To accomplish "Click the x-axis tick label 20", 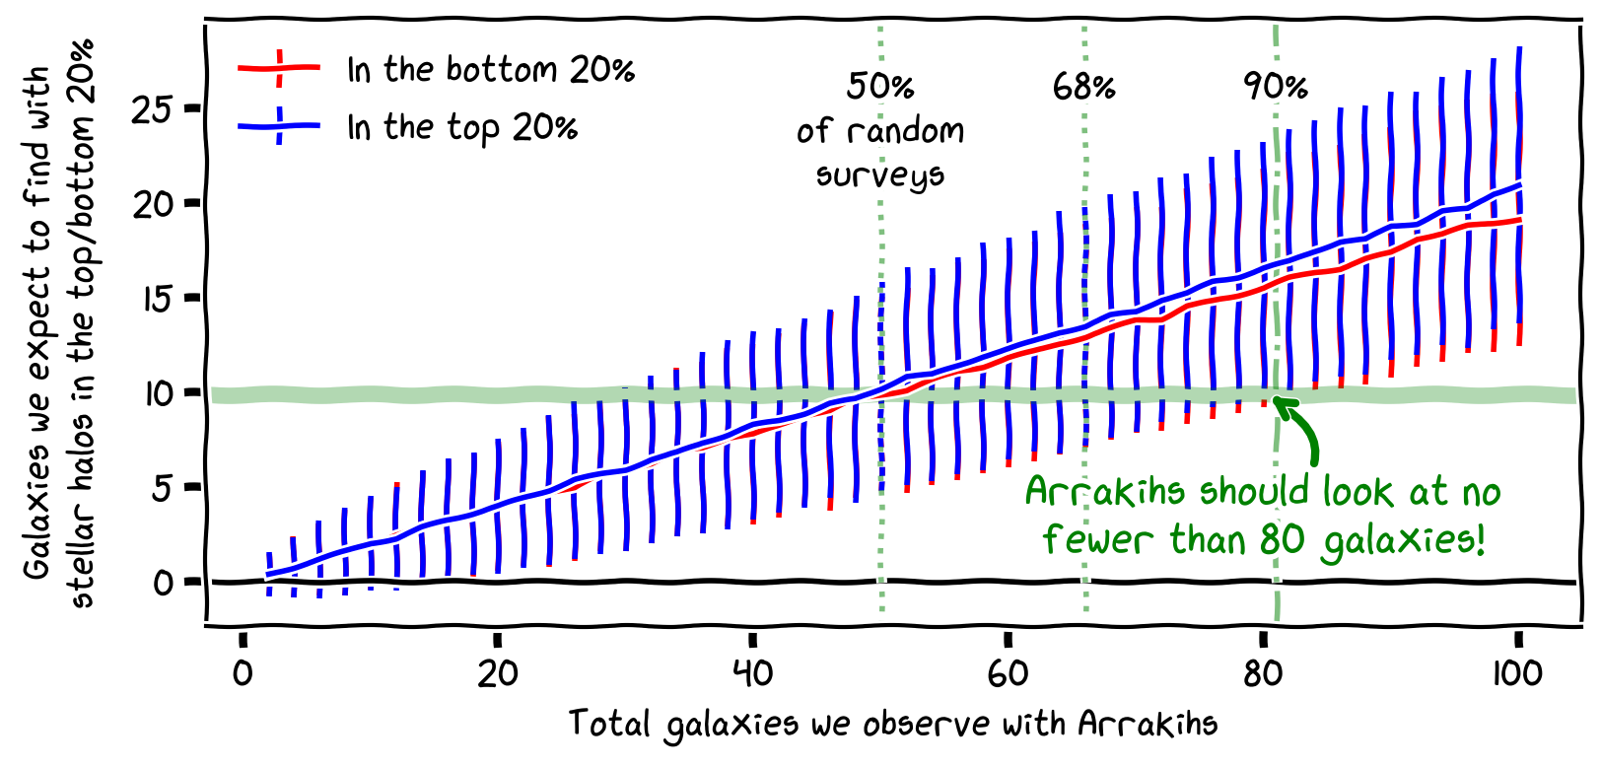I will click(x=498, y=674).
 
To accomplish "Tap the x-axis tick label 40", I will click(x=753, y=674).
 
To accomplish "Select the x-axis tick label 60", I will click(x=1008, y=674).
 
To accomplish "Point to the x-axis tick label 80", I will click(x=1263, y=674).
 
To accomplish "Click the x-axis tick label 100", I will click(x=1517, y=674).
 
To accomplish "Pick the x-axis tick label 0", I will click(x=243, y=674).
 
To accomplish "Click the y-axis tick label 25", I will click(x=152, y=109).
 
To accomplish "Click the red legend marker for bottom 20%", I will click(x=280, y=68).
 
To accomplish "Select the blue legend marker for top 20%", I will click(x=280, y=126).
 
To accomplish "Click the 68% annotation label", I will click(x=1084, y=88).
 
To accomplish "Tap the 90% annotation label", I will click(x=1276, y=87).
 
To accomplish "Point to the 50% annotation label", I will click(x=880, y=87).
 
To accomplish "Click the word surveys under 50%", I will click(x=880, y=175).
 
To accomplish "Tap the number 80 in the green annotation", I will click(x=1283, y=540).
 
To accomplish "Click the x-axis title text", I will click(x=893, y=725).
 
